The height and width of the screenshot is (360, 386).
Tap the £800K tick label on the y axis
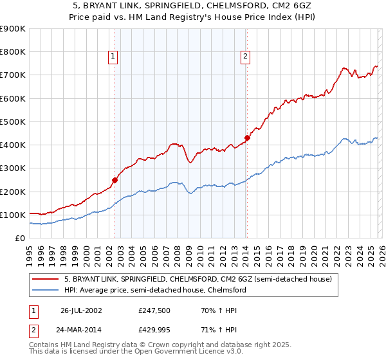coord(13,52)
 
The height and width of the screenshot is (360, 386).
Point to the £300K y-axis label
coord(13,168)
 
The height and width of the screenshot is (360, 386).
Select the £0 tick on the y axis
coord(21,238)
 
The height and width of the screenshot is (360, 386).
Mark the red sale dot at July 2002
coord(115,181)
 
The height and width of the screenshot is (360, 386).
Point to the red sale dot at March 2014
coord(247,138)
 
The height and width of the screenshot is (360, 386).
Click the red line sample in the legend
coord(46,279)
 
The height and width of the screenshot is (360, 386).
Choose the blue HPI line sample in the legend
coord(46,290)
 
